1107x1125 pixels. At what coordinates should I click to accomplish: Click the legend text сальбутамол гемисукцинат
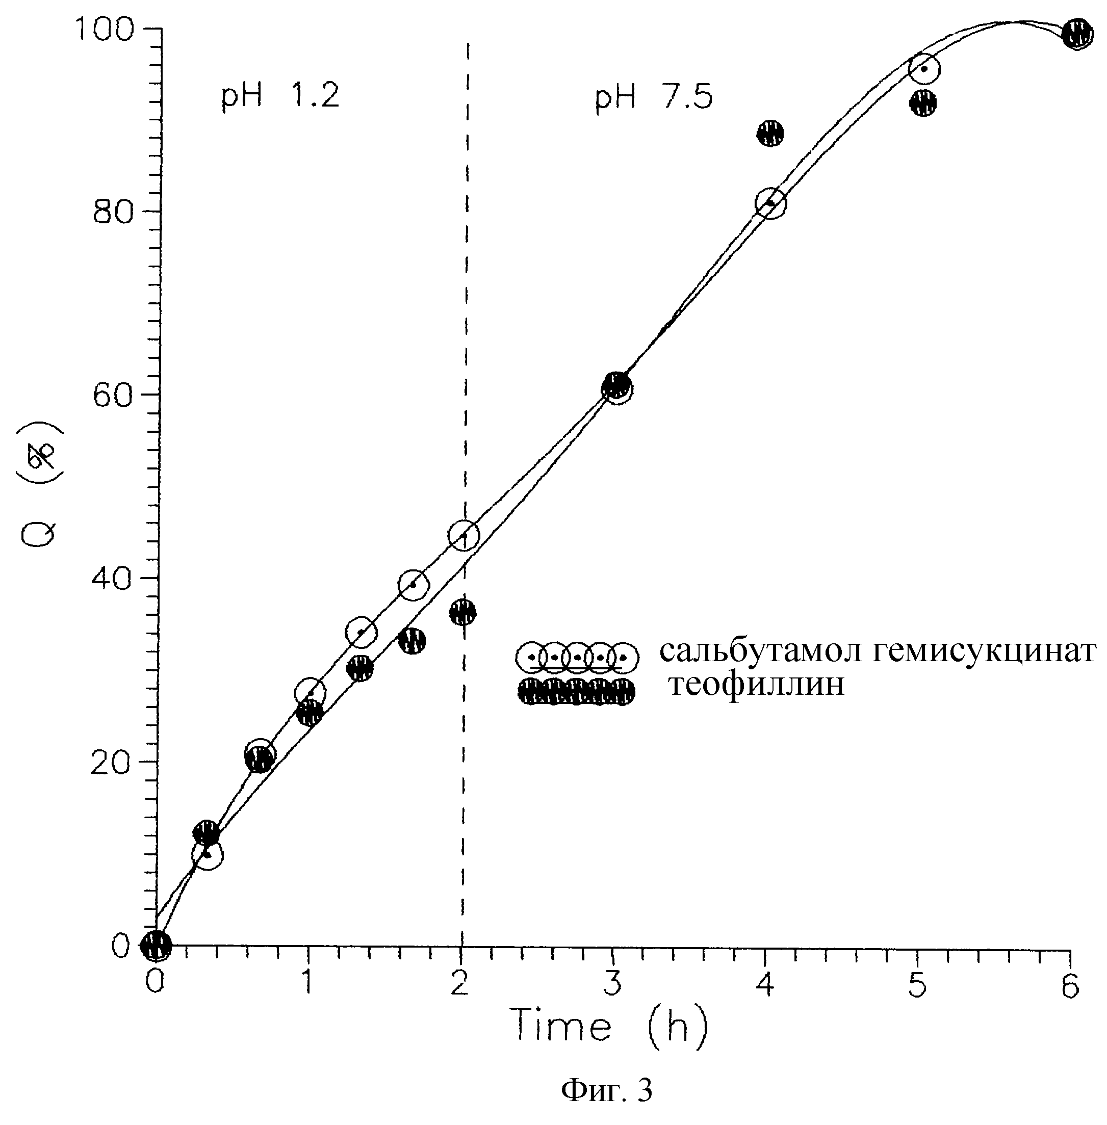click(x=877, y=652)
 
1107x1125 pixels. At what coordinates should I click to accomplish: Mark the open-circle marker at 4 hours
click(x=770, y=203)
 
